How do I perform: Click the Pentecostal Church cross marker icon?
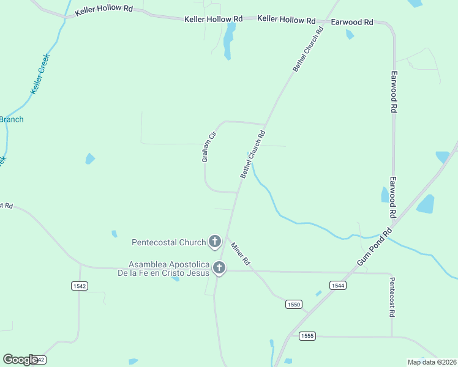(x=214, y=242)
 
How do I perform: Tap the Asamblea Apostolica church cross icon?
(x=219, y=268)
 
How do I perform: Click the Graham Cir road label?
(x=209, y=147)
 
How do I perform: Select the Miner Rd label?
(x=240, y=254)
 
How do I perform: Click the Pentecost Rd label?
(x=392, y=297)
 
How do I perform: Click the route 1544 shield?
(x=337, y=285)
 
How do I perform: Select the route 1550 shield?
(x=294, y=304)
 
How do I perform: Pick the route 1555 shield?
(x=307, y=336)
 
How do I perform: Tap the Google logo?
(x=20, y=360)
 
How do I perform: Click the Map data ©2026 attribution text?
(x=432, y=362)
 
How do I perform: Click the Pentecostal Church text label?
(x=168, y=242)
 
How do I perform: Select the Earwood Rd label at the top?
(x=351, y=22)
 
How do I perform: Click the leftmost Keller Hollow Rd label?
(x=103, y=12)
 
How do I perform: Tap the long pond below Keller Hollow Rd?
(x=229, y=41)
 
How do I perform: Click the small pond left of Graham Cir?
(x=90, y=159)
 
